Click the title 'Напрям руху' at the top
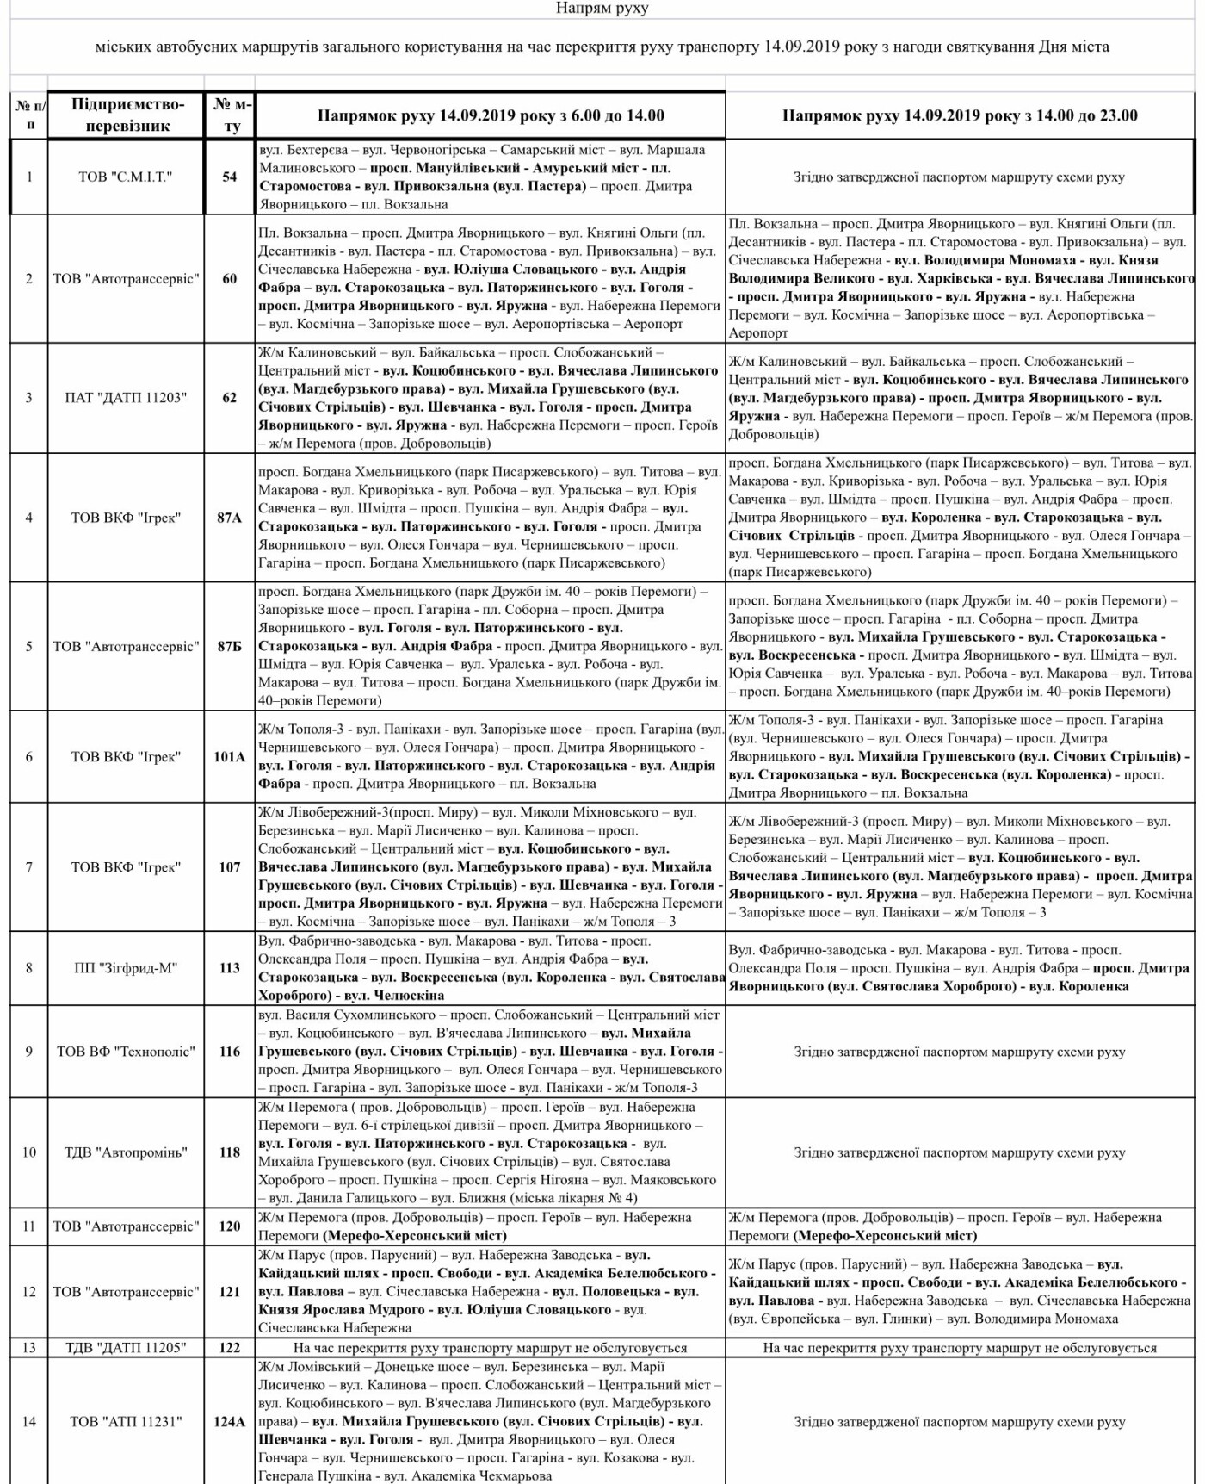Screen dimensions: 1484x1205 (x=602, y=9)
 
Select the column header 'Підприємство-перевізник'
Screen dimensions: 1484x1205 (x=127, y=115)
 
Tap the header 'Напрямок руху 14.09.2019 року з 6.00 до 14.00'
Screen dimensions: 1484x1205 (x=491, y=115)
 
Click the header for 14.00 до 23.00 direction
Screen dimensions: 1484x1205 (x=960, y=115)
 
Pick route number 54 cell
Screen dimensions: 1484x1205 (x=230, y=177)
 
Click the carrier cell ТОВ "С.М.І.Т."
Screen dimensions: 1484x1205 (x=127, y=177)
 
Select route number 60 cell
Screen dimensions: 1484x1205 (x=230, y=279)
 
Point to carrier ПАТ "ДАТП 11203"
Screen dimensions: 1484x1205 (x=127, y=398)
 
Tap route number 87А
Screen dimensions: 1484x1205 (x=230, y=518)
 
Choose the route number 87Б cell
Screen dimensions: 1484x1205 (x=230, y=647)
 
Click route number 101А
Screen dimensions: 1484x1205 (x=230, y=757)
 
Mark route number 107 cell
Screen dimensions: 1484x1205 (x=230, y=867)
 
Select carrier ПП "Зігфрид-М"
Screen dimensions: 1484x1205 (x=127, y=968)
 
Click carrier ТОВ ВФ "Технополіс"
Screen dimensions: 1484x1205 (x=127, y=1052)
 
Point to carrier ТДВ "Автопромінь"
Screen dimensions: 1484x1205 (x=127, y=1152)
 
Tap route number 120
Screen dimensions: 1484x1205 (x=230, y=1226)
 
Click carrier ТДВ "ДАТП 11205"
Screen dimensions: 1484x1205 (x=127, y=1348)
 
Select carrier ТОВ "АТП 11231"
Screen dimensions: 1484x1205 (x=127, y=1422)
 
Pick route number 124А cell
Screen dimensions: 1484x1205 (x=230, y=1422)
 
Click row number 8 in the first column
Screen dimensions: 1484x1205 (x=29, y=968)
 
